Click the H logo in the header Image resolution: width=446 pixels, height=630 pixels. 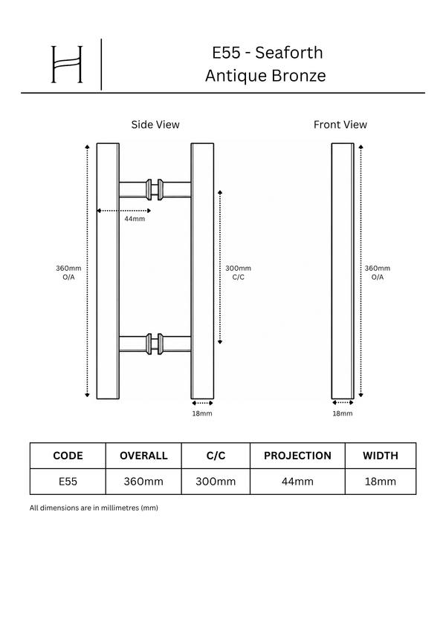[x=67, y=65]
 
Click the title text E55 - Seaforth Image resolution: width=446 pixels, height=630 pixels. [x=268, y=53]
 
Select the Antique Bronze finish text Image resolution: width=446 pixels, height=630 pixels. [x=265, y=76]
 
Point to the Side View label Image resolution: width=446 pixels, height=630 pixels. [x=155, y=125]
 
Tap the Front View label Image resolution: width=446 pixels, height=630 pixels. [x=340, y=125]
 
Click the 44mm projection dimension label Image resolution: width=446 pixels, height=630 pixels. [x=135, y=219]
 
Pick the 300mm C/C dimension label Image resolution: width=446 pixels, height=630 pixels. [x=238, y=272]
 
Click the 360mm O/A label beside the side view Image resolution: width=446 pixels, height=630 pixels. [x=68, y=272]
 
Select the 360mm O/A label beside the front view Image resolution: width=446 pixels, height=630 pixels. [x=377, y=272]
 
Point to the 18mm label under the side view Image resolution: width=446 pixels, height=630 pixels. [x=202, y=413]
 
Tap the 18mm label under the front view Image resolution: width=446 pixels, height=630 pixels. [x=343, y=413]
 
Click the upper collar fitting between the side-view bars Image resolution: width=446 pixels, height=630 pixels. [x=155, y=189]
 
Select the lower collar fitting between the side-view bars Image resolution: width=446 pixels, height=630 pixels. [x=155, y=344]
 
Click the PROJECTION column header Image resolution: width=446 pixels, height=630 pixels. [x=297, y=456]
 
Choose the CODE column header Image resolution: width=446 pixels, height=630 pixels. [x=68, y=456]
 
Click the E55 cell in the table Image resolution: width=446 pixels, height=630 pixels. [x=68, y=482]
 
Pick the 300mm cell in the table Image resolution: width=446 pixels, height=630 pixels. [x=216, y=482]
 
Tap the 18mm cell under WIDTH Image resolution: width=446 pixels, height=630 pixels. [x=381, y=482]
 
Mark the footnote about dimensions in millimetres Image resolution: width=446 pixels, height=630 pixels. [x=94, y=508]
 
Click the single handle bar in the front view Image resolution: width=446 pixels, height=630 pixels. [x=343, y=271]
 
